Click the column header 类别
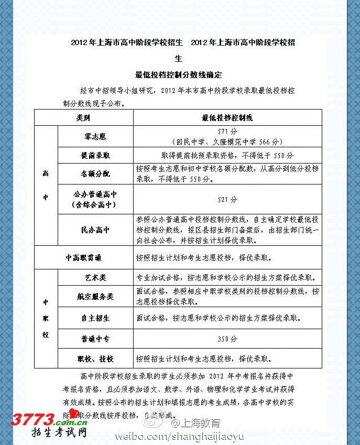click(x=83, y=118)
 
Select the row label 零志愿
click(x=95, y=136)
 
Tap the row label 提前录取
click(x=95, y=156)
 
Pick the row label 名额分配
click(x=95, y=173)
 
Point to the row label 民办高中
click(x=95, y=230)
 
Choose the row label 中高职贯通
click(x=83, y=258)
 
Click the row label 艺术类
click(x=95, y=277)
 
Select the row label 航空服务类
click(x=95, y=297)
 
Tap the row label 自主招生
click(x=95, y=318)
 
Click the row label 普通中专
click(x=95, y=339)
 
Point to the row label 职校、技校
click(x=95, y=359)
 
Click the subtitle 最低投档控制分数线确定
click(x=179, y=75)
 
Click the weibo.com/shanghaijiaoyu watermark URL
click(x=176, y=436)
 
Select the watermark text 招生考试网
click(x=58, y=433)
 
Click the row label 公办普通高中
click(x=95, y=194)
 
